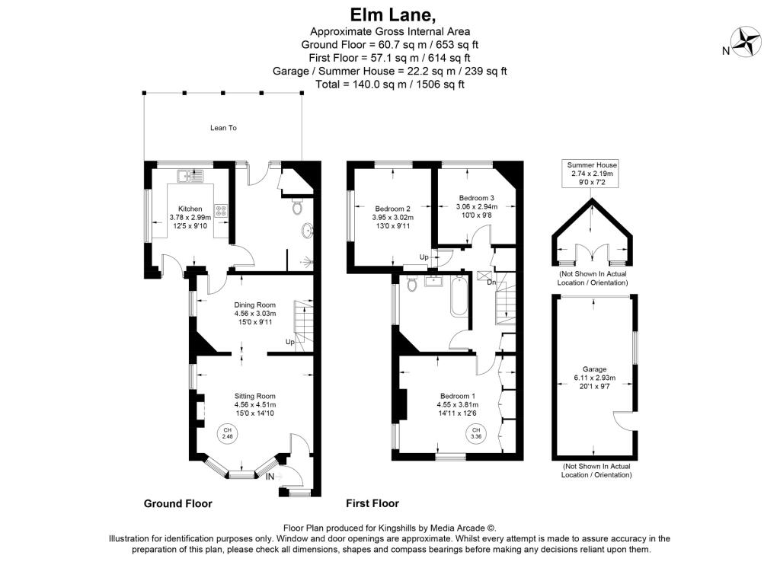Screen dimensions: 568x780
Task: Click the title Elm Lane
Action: tap(389, 14)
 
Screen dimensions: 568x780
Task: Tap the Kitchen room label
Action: tap(190, 209)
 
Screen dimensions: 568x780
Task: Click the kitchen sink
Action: tap(190, 177)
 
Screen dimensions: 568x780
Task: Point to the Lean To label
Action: tap(223, 128)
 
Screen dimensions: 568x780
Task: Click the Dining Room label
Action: tap(255, 304)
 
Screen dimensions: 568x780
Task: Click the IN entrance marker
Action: tap(270, 477)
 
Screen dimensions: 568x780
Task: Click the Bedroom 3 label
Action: tap(476, 198)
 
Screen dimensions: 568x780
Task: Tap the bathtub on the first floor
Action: tap(459, 298)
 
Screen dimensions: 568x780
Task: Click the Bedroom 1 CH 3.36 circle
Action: tap(476, 434)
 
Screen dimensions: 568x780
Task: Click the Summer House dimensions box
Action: tap(592, 174)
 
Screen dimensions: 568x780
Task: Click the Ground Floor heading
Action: tap(178, 503)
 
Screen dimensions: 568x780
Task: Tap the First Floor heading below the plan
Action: tap(372, 503)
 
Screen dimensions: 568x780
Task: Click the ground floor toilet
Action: tap(299, 206)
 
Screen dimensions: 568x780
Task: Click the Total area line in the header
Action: tap(389, 85)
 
